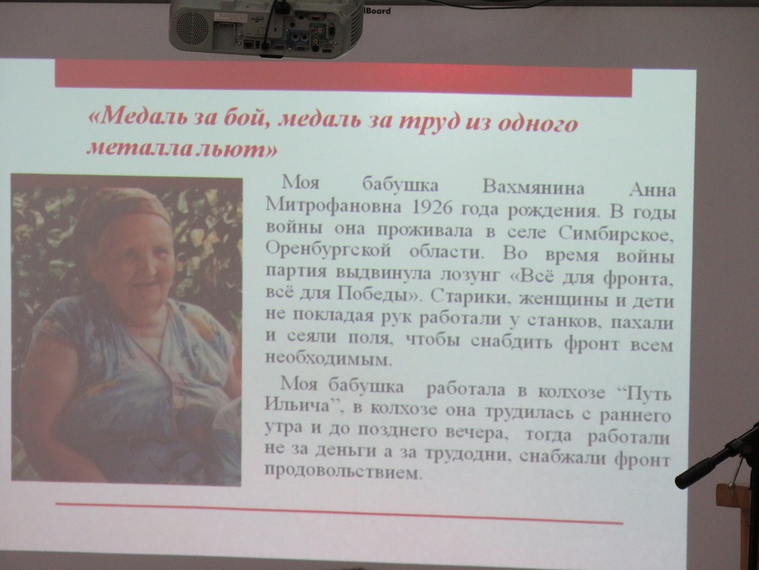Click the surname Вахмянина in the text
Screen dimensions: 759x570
[534, 188]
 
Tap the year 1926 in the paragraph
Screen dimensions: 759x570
[433, 207]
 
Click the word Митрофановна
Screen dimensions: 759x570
[334, 206]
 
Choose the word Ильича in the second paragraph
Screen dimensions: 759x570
[296, 404]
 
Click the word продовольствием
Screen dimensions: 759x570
[341, 471]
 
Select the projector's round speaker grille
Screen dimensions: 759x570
[192, 26]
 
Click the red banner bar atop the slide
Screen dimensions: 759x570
[343, 78]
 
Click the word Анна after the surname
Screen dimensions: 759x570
[651, 190]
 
